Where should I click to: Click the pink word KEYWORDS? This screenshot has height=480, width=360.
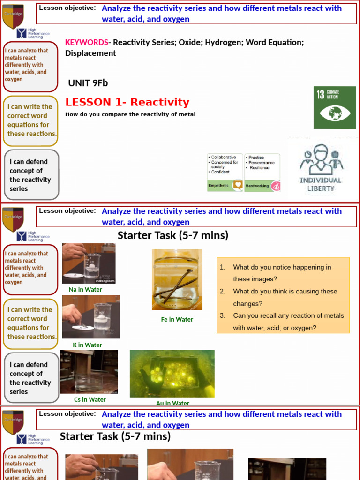tap(87, 43)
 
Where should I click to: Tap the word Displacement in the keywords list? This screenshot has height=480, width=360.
tap(90, 53)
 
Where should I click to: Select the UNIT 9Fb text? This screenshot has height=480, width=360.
tap(88, 83)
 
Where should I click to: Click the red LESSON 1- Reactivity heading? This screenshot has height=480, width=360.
tap(127, 102)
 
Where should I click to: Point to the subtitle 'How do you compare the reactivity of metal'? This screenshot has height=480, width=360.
tap(130, 114)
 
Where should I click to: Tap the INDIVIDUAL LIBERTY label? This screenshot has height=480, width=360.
tap(321, 184)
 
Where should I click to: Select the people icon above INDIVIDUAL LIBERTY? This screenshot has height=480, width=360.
tap(321, 159)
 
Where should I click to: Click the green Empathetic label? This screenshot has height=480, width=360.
tap(218, 186)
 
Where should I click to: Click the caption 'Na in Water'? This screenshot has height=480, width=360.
tap(85, 290)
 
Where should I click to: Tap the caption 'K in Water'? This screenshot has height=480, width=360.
tap(87, 345)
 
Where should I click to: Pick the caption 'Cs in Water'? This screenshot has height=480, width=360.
tap(90, 400)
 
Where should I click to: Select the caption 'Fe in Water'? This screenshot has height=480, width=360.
tap(177, 320)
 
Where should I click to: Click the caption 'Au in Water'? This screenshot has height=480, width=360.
tap(172, 403)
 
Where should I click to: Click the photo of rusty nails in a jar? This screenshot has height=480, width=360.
tap(177, 279)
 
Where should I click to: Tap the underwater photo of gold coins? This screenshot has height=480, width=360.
tap(172, 374)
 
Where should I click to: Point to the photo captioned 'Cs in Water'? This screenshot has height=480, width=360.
tap(89, 372)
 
